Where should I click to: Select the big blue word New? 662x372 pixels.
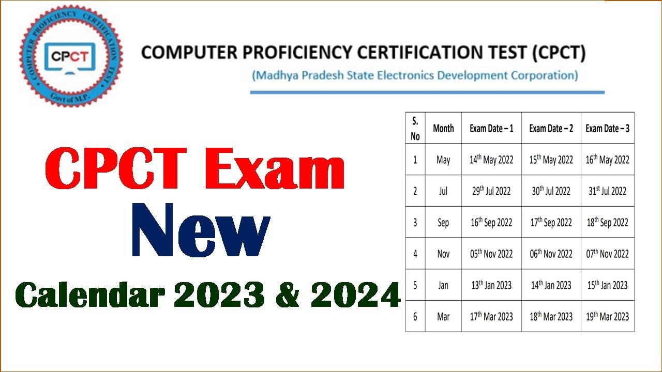pos(201,232)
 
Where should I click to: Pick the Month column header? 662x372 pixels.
pos(443,128)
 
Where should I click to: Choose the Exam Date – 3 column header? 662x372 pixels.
pos(607,128)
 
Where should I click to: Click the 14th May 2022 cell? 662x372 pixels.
pos(491,160)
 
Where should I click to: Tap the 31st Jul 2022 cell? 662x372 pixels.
pos(607,191)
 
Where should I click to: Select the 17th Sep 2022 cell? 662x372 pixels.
pos(551,223)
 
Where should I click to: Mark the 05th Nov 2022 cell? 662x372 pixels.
pos(491,254)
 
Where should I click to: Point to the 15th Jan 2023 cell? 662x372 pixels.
pos(607,285)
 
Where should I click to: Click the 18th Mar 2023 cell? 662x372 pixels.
pos(551,316)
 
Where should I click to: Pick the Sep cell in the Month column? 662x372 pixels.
pos(443,223)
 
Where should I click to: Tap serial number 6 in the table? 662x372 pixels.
pos(415,316)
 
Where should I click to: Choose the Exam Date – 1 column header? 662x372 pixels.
pos(491,128)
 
